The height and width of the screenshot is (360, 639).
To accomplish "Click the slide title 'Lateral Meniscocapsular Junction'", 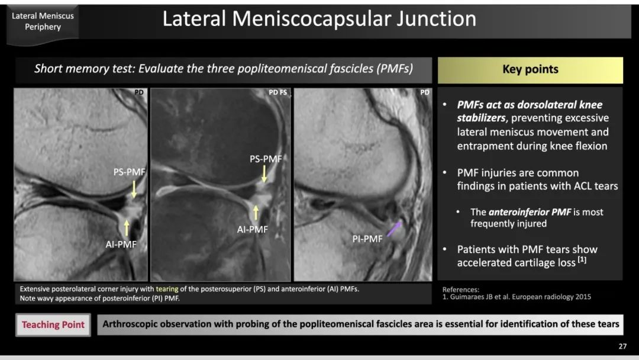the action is tap(319, 19).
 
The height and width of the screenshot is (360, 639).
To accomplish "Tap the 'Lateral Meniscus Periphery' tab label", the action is tap(43, 21).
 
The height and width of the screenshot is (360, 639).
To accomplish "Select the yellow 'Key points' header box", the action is tap(530, 70).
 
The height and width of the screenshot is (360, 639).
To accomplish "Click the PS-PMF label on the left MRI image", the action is tap(129, 172).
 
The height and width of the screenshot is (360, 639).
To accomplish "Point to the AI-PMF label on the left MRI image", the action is tap(121, 244).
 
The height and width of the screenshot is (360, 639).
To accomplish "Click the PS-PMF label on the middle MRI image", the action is tap(266, 159).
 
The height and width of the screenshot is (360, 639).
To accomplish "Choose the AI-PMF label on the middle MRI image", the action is tap(252, 230).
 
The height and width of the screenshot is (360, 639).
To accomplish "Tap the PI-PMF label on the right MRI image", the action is tap(367, 239).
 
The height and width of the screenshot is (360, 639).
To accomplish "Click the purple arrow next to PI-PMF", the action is tap(394, 229).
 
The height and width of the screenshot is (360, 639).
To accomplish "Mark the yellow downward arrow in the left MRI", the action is tap(134, 189).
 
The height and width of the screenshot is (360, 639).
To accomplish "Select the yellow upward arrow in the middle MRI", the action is tap(256, 213).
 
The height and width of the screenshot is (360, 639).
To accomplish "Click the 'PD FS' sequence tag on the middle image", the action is tap(277, 92).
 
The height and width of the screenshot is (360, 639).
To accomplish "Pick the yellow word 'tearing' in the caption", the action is tap(167, 289).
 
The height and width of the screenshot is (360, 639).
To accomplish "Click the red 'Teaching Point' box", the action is tap(53, 324).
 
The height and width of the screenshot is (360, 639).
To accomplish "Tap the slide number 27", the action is tap(622, 346).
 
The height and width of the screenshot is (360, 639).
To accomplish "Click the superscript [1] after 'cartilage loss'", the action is tap(582, 259).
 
